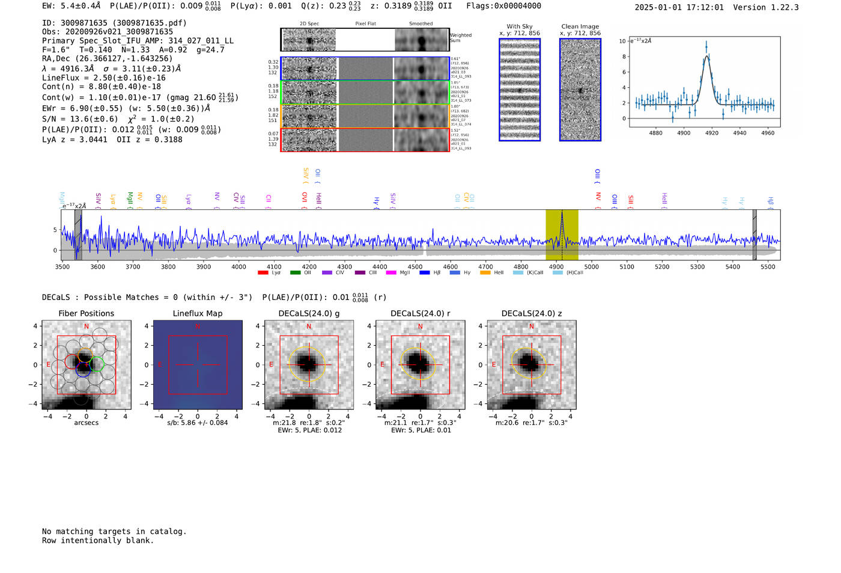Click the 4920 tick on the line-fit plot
point(712,133)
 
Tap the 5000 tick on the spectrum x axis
point(592,266)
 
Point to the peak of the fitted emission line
point(706,56)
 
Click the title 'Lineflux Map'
point(198,313)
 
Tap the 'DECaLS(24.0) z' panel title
point(531,313)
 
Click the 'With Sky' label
point(520,26)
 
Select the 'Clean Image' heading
point(580,26)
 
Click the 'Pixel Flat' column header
point(365,23)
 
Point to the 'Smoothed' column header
point(421,23)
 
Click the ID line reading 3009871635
point(114,23)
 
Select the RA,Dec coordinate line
point(107,58)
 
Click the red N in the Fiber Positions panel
point(87,326)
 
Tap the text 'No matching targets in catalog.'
point(114,531)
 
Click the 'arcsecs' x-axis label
point(87,423)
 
